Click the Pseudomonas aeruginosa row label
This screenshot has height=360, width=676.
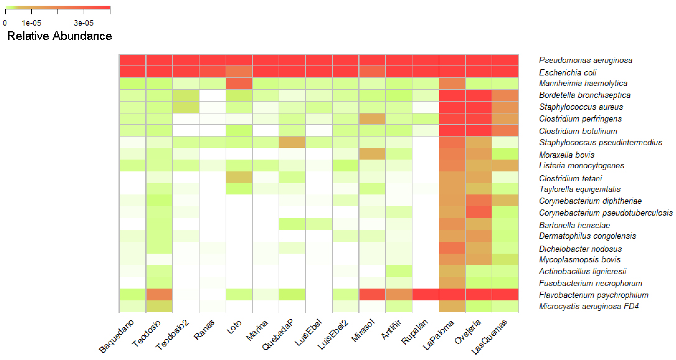point(585,60)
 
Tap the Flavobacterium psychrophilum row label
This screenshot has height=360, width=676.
point(593,295)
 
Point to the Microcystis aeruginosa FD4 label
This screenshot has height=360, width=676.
point(589,306)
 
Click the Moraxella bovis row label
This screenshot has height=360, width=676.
point(566,155)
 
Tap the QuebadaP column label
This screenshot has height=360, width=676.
point(278,334)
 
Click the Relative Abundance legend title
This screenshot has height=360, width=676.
point(60,36)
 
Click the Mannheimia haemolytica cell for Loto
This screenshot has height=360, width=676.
point(239,84)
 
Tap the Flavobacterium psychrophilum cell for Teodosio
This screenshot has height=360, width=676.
point(159,294)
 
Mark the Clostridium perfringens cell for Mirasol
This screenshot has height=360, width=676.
point(372,119)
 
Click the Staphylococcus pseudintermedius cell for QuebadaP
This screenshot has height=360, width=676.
point(292,142)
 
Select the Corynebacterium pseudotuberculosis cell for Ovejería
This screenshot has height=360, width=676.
point(478,212)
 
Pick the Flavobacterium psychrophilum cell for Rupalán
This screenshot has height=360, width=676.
point(425,294)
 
